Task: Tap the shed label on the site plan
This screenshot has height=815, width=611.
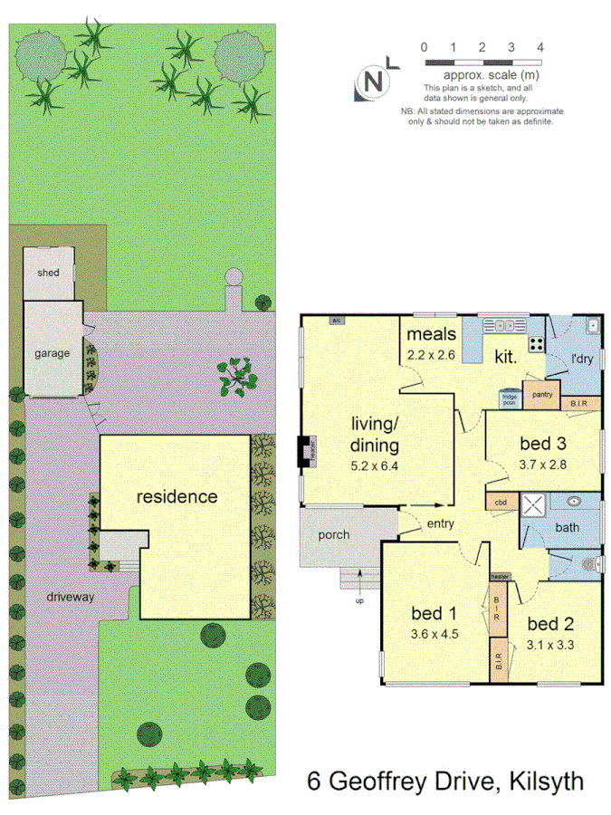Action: (48, 273)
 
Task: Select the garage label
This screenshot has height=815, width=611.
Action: (52, 353)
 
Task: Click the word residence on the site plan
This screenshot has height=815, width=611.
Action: (177, 496)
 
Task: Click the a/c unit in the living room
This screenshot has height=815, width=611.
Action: (336, 321)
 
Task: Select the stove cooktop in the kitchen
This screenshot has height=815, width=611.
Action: (536, 344)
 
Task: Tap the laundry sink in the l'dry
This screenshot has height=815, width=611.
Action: (591, 325)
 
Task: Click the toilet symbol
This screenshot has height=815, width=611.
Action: (588, 565)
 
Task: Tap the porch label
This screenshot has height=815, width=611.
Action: (333, 534)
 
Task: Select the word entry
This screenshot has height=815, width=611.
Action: (441, 523)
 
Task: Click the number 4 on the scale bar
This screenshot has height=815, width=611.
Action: (540, 45)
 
